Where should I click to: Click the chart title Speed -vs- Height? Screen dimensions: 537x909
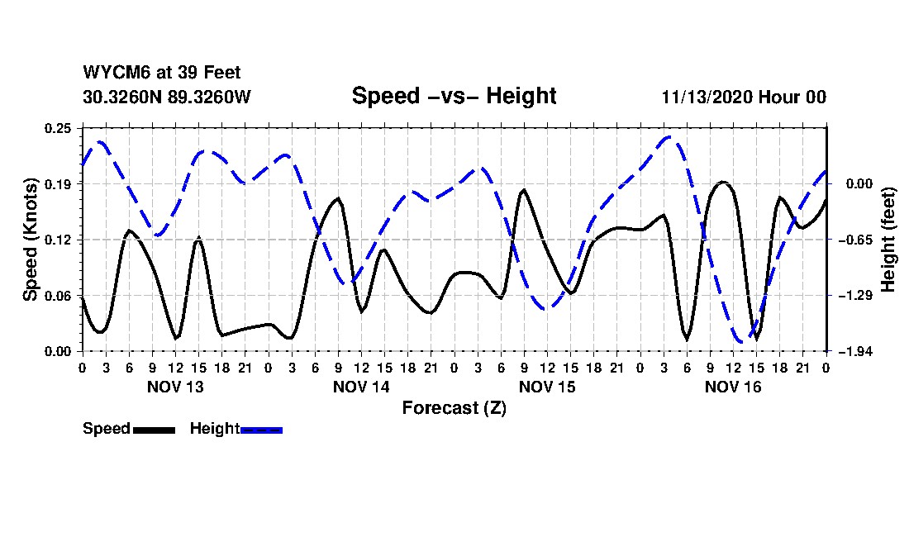click(x=454, y=96)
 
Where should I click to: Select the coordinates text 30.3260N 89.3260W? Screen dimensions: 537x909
click(x=166, y=97)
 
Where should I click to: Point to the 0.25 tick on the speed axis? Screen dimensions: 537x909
click(x=59, y=128)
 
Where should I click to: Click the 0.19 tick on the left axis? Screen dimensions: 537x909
click(x=59, y=183)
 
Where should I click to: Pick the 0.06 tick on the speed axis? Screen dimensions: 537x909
click(x=59, y=296)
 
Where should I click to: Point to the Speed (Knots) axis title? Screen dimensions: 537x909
click(x=30, y=239)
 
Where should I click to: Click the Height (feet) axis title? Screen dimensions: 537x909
click(x=889, y=239)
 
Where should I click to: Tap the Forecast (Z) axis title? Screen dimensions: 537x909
click(x=454, y=407)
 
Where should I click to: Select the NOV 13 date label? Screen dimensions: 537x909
click(x=174, y=387)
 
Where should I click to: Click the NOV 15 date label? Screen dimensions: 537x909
click(x=547, y=387)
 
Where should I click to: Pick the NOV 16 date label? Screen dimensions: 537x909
click(x=733, y=387)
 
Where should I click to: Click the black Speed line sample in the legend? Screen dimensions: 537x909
click(x=154, y=430)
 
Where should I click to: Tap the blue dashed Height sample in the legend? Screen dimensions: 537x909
click(x=261, y=430)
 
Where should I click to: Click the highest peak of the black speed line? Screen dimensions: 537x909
click(x=723, y=182)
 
